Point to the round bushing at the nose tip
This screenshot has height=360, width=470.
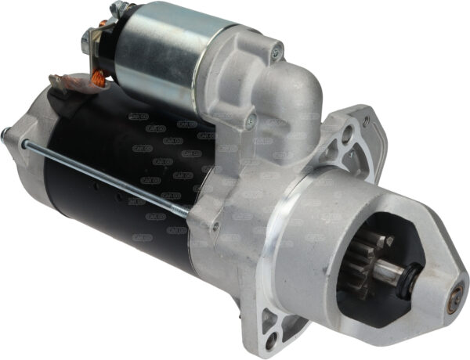[x=455, y=296]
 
